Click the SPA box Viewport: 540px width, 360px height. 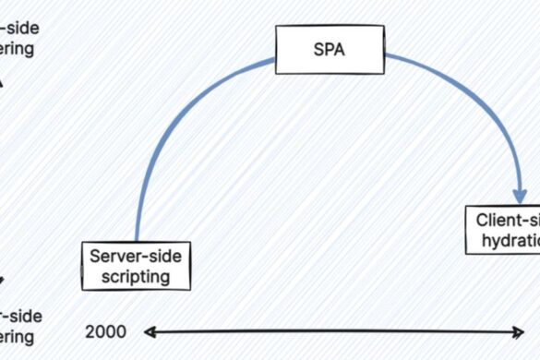[330, 50]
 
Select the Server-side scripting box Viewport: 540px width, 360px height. [136, 265]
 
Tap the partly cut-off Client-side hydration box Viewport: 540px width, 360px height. [502, 230]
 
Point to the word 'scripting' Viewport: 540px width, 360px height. [137, 275]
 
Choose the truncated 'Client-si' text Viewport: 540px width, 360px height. [508, 221]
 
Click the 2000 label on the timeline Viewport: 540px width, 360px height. [104, 331]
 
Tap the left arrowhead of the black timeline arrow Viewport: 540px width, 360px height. [148, 331]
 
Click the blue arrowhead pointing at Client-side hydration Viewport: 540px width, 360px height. [521, 195]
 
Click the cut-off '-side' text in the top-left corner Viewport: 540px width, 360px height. [19, 29]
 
